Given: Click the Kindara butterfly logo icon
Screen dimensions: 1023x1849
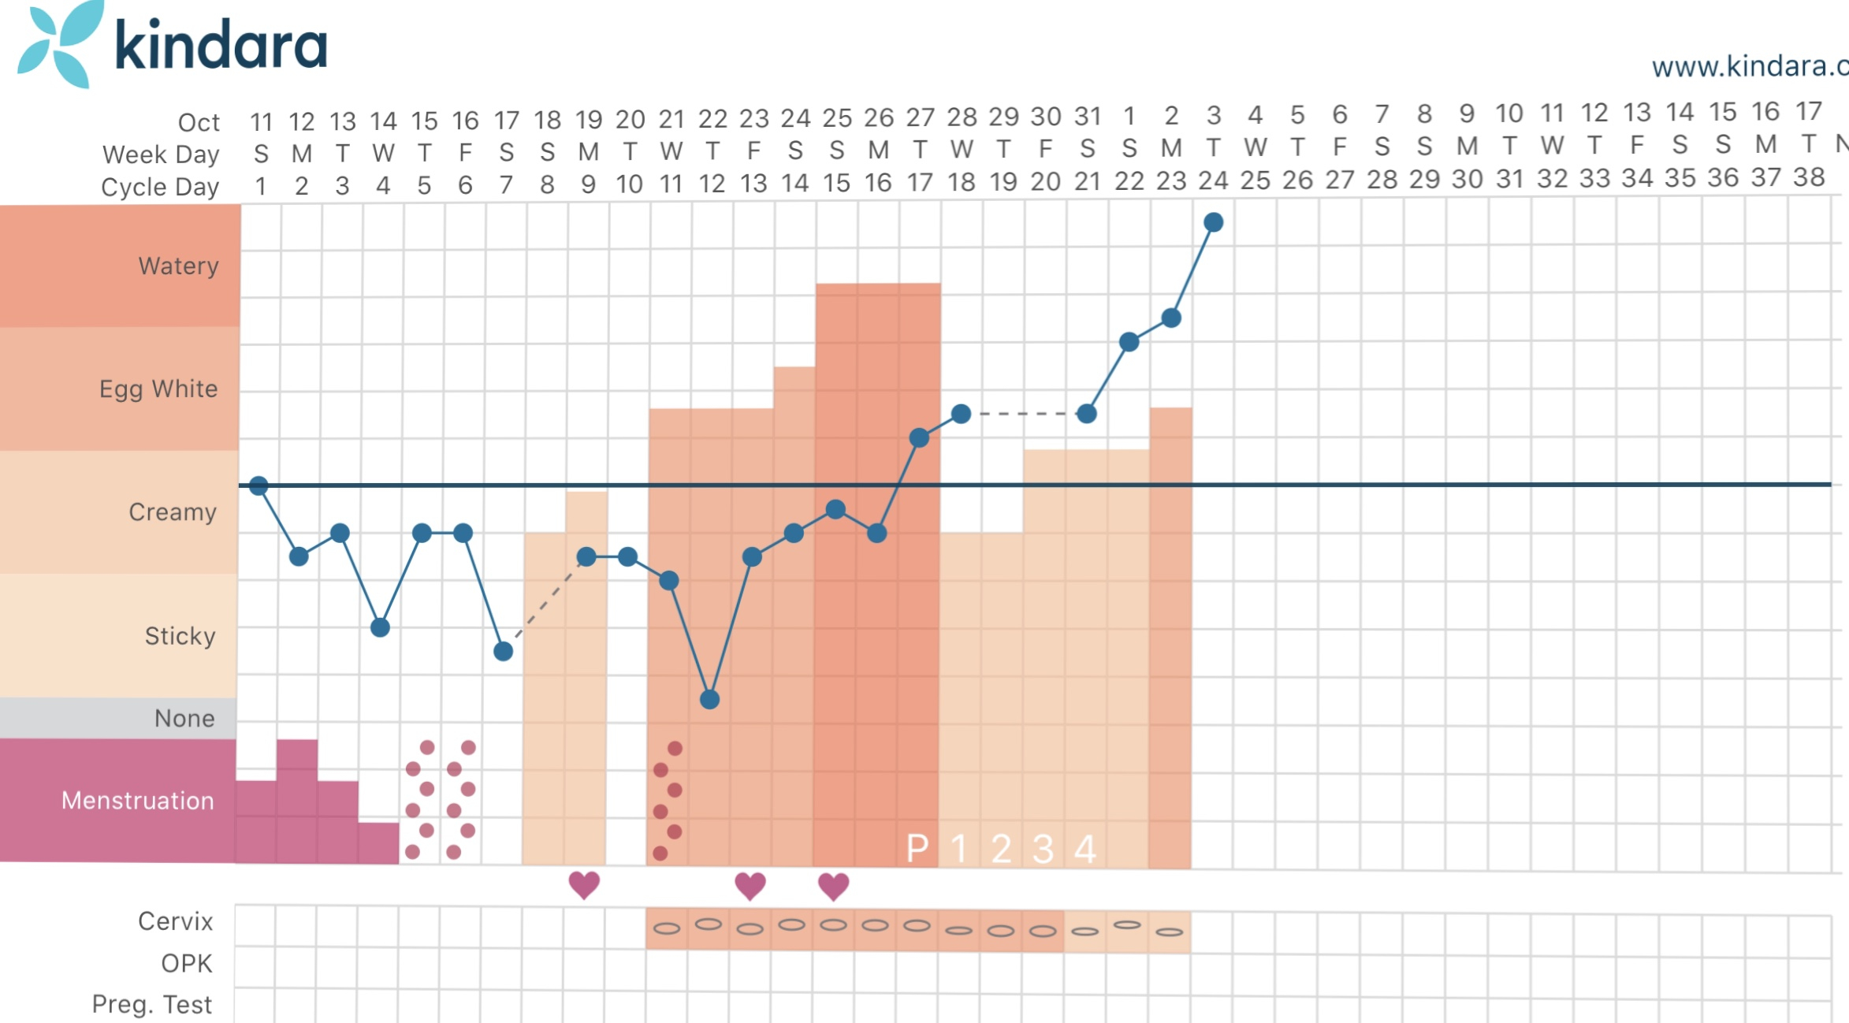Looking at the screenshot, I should (60, 43).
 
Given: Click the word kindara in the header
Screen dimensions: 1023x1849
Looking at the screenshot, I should (221, 45).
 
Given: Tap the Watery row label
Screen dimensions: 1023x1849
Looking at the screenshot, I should (178, 266).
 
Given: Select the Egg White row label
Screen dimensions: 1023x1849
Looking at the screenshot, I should (158, 389).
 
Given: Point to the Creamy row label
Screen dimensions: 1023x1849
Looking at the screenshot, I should (173, 511).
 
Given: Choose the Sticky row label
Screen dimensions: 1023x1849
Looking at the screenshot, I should (180, 635).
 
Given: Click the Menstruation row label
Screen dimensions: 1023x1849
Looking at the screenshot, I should (138, 800).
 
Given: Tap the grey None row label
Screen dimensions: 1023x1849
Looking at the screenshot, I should (184, 718).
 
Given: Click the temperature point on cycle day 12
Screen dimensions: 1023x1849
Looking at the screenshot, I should (710, 699).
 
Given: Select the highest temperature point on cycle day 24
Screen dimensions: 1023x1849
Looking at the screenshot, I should (1214, 223).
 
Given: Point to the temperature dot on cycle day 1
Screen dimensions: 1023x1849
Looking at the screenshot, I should (259, 485).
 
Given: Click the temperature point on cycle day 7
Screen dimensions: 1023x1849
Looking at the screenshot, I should (504, 652).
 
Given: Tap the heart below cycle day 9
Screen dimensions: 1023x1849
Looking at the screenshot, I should (584, 885).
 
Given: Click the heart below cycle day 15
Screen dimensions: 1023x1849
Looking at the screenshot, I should (833, 886).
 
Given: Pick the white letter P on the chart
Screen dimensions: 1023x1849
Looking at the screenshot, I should (917, 849).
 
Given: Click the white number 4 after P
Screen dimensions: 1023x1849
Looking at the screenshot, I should (1085, 849).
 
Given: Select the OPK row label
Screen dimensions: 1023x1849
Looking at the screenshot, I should (187, 963).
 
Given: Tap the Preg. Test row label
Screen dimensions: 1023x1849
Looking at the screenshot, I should (152, 1004).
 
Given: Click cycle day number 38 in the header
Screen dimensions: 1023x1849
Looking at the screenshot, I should (1809, 177).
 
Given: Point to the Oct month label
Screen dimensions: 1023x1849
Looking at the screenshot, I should (199, 122).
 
